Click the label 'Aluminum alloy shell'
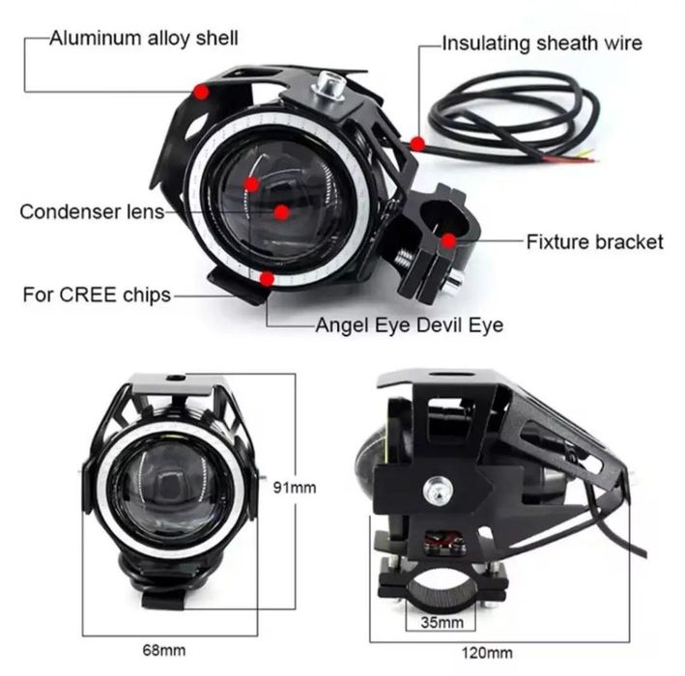(144, 39)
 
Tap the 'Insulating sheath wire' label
(542, 43)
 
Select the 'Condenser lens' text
(92, 211)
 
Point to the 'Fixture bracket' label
(594, 242)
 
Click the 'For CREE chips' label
(97, 295)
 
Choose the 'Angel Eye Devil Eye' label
(410, 325)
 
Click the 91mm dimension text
(295, 488)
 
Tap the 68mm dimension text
(164, 650)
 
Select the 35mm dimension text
(442, 622)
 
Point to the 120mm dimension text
(487, 653)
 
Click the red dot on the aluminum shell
(201, 92)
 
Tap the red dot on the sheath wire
(417, 143)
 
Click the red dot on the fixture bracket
(448, 240)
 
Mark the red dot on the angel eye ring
(267, 278)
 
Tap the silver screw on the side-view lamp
(438, 490)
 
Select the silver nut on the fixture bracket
(455, 279)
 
